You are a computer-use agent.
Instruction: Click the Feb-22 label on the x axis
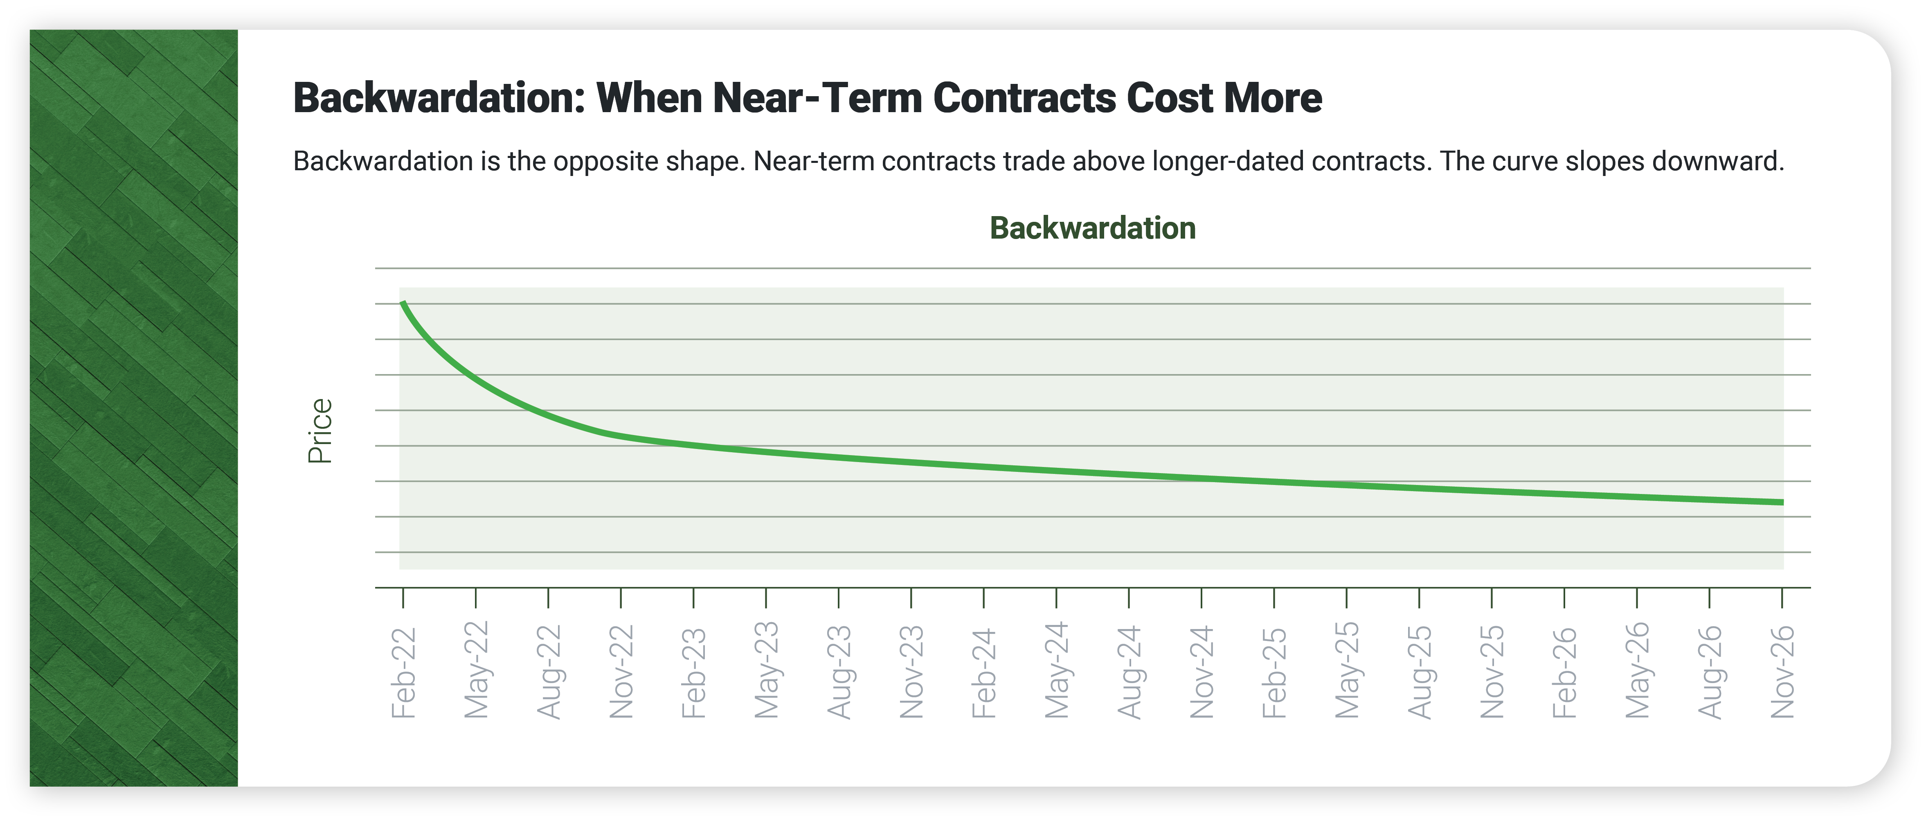[x=403, y=673]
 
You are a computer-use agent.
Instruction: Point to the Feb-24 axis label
[x=984, y=673]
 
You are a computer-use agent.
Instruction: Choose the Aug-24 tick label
[x=1129, y=672]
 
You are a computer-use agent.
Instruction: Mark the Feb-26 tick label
[x=1564, y=673]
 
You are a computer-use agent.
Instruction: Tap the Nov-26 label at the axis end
[x=1782, y=672]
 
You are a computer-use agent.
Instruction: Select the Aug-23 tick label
[x=839, y=672]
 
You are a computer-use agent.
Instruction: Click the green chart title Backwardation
[x=1092, y=228]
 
